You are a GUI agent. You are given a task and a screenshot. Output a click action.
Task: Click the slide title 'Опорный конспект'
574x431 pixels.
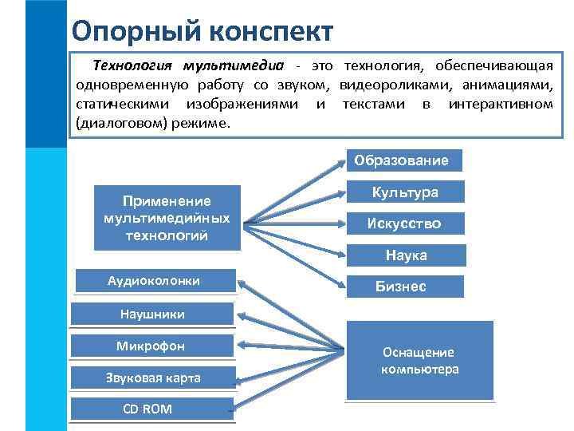pos(202,31)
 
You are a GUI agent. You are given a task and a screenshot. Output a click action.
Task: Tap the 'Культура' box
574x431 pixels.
pos(405,192)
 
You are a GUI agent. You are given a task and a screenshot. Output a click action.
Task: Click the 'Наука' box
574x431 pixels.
pos(406,255)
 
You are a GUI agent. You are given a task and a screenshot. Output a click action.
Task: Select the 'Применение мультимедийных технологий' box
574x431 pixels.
pos(167,218)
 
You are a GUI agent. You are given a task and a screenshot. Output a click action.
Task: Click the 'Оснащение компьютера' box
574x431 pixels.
pos(419,361)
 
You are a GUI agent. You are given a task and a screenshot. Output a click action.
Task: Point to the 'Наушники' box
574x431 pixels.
pos(151,314)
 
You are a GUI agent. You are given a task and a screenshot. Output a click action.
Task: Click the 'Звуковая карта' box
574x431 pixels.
pos(153,378)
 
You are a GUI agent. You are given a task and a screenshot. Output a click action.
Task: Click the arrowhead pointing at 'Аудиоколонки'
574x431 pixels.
pos(242,282)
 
